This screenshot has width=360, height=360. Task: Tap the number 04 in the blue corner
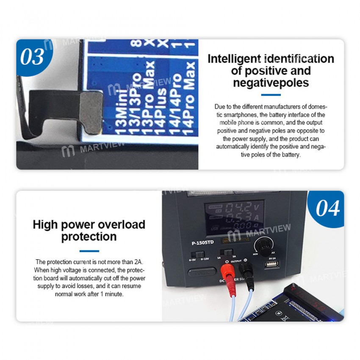(327, 208)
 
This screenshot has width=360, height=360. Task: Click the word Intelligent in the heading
(234, 59)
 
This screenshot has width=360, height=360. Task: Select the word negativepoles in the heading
(271, 83)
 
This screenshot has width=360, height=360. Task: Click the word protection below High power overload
(89, 237)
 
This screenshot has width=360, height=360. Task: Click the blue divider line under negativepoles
(271, 95)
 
